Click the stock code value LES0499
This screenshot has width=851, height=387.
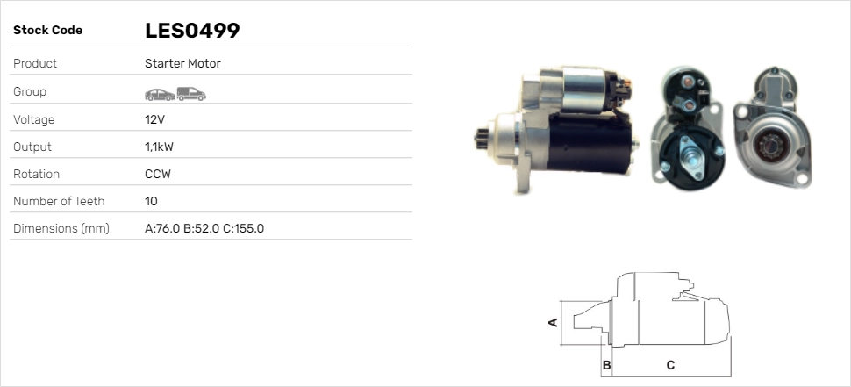coord(192,31)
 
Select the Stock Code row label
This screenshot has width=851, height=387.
coord(47,31)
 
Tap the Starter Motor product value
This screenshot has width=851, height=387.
coord(182,63)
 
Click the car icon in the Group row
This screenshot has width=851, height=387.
coord(160,95)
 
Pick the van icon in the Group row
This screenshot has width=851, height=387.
coord(191,94)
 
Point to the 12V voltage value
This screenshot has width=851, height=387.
coord(154,119)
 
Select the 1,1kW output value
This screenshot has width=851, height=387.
coord(159,147)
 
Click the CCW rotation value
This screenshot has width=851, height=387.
coord(158,175)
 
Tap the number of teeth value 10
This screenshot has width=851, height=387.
coord(151,201)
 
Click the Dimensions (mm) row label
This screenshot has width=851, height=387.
coord(61,229)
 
